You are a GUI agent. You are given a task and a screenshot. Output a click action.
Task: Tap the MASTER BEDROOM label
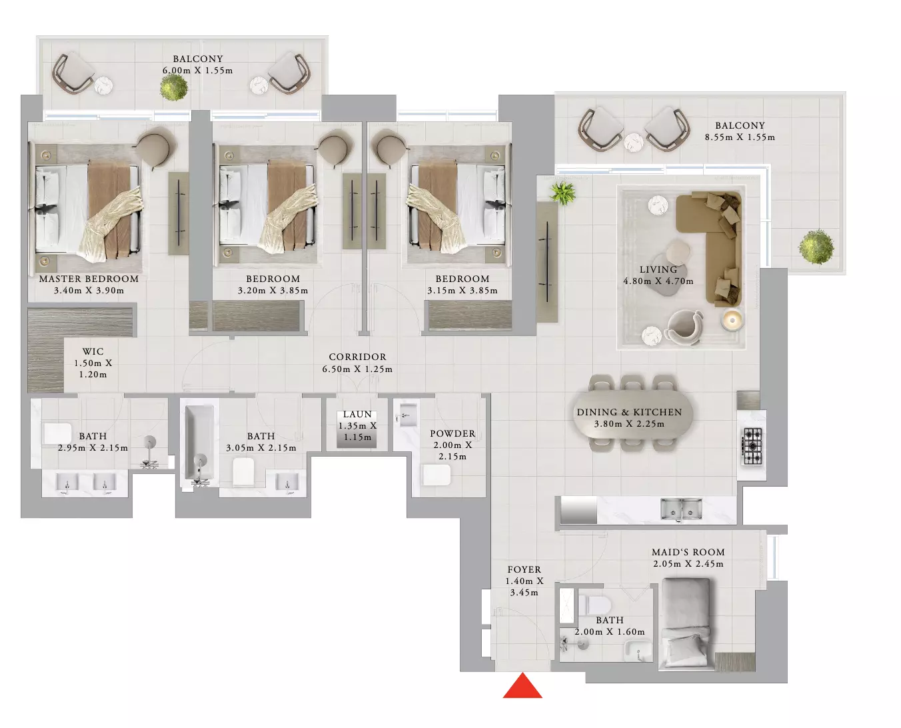(89, 279)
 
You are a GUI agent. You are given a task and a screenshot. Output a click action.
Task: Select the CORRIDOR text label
(357, 357)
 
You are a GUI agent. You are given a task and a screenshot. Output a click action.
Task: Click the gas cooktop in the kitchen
(752, 446)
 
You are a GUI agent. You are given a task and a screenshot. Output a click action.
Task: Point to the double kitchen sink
(681, 509)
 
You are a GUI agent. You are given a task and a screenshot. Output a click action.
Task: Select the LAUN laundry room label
(357, 415)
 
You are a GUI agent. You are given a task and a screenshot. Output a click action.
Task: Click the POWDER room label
(452, 433)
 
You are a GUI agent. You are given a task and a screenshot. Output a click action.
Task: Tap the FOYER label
(524, 570)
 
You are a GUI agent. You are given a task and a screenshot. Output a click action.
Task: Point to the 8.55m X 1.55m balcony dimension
(740, 137)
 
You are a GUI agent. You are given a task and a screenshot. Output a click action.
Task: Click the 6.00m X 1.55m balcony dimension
(197, 71)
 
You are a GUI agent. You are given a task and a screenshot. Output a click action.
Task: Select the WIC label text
(93, 351)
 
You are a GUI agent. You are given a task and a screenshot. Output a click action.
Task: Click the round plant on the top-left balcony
(173, 87)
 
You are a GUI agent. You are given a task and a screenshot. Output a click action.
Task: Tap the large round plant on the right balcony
(816, 247)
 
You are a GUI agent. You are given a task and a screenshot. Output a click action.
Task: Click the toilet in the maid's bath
(594, 605)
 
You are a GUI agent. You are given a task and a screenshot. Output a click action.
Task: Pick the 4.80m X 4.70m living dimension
(658, 281)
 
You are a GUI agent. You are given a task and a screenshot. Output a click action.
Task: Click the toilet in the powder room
(437, 475)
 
